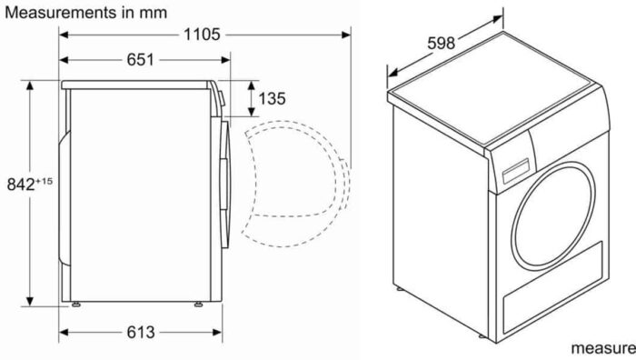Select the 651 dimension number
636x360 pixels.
139,60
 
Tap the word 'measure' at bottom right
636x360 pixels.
602,348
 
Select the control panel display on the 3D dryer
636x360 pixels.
515,170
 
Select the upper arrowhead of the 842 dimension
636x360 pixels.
31,85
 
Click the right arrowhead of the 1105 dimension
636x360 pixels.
348,35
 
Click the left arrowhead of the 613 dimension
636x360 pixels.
65,332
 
